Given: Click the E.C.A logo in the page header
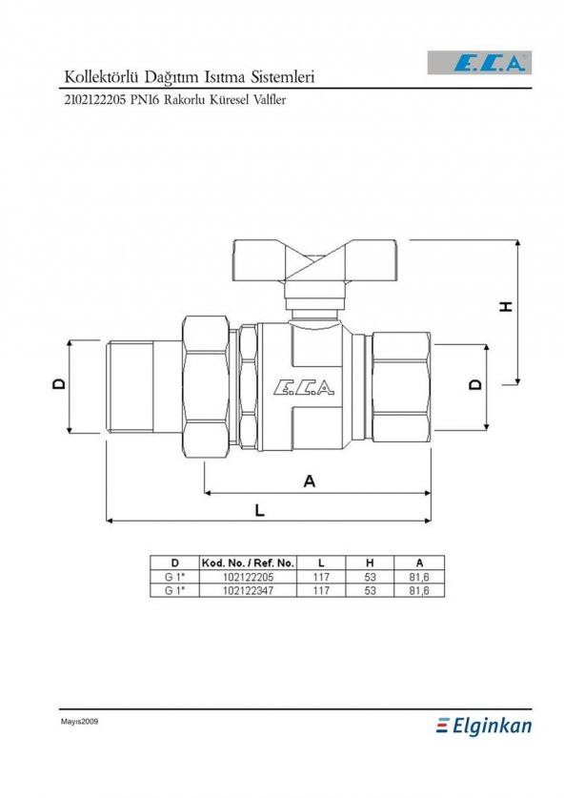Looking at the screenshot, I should tap(490, 65).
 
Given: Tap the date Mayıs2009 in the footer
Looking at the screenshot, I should tap(80, 722).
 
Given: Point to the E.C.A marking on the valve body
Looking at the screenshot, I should tap(303, 387).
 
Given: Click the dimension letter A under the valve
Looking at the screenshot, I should tap(309, 482).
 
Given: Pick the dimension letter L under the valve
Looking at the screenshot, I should tap(260, 510).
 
